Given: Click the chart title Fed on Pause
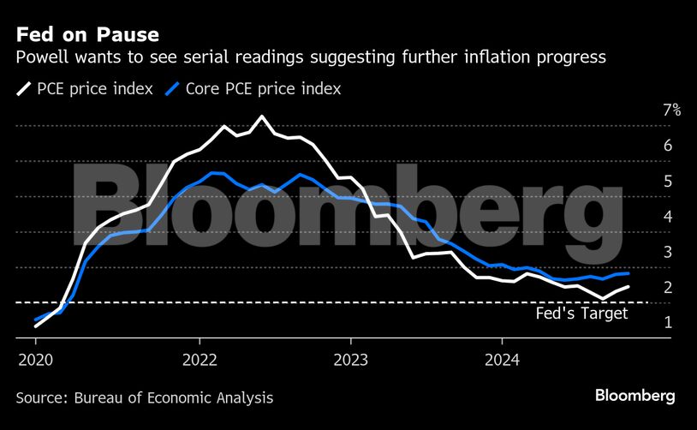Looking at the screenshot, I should point(86,35).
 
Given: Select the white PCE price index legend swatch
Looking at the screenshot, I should point(23,88).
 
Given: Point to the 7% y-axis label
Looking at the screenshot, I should point(671,110).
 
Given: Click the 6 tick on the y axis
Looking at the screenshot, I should point(667,146).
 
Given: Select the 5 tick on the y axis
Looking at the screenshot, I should point(667,182).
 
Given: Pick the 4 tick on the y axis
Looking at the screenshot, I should point(667,217).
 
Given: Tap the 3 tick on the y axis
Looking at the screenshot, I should point(667,252).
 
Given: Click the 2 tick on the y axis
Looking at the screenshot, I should point(667,288).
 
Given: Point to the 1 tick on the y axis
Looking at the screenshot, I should point(667,323).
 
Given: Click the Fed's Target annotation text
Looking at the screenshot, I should point(581,314).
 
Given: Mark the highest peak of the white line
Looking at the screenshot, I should point(261,116).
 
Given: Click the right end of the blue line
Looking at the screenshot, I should point(629,273).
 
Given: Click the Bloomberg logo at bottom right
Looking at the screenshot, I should point(634,396).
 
